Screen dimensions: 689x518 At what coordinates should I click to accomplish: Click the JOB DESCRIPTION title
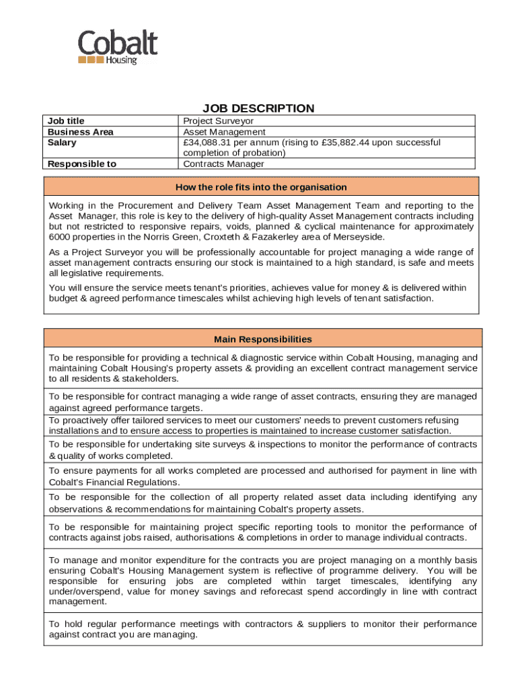pyautogui.click(x=258, y=108)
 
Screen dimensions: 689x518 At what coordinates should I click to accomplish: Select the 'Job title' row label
pyautogui.click(x=66, y=121)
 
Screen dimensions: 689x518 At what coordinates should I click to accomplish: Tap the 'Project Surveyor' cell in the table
pyautogui.click(x=219, y=121)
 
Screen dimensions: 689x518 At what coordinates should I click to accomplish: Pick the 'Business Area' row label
pyautogui.click(x=80, y=132)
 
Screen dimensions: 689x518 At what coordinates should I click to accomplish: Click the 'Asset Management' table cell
pyautogui.click(x=224, y=132)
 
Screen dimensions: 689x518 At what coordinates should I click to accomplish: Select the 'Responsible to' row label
pyautogui.click(x=82, y=164)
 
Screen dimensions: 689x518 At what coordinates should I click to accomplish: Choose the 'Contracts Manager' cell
pyautogui.click(x=224, y=164)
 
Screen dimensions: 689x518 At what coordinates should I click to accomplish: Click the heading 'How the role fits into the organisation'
pyautogui.click(x=261, y=187)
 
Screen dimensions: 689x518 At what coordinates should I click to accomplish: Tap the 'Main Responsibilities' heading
pyautogui.click(x=262, y=339)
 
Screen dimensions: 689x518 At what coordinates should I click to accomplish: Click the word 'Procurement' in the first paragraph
pyautogui.click(x=145, y=205)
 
